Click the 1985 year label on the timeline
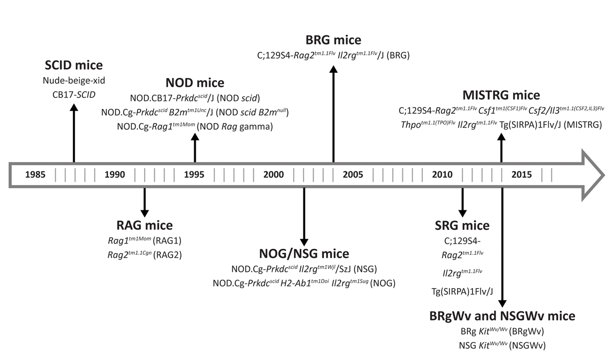[35, 175]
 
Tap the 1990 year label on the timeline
[114, 175]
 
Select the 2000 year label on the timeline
[273, 175]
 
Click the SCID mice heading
[74, 66]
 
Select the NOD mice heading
[195, 84]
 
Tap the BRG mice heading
[334, 40]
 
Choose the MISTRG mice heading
[501, 95]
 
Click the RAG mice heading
[144, 225]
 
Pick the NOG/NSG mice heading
[304, 253]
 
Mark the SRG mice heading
[462, 226]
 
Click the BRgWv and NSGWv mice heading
[502, 316]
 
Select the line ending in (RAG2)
[144, 253]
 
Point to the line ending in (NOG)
[304, 282]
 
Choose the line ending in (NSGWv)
[502, 345]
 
